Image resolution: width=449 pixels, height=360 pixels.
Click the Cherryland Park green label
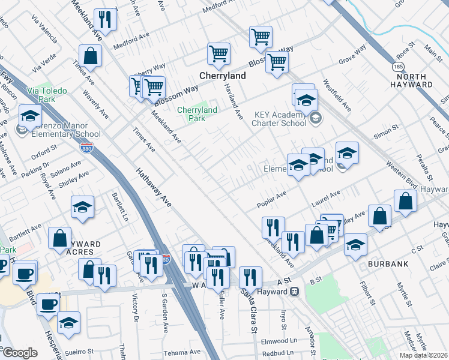[x=197, y=114]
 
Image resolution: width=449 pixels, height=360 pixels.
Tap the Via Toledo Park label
[x=46, y=95]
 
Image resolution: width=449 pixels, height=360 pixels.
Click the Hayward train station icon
[x=295, y=292]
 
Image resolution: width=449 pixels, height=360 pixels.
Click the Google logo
[x=19, y=353]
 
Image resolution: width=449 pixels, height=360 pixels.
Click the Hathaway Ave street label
[x=153, y=188]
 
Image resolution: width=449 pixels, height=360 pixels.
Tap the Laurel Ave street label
[x=326, y=199]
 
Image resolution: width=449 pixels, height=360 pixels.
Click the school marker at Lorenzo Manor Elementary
[x=29, y=115]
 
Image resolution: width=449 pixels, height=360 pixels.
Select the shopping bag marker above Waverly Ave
[x=90, y=56]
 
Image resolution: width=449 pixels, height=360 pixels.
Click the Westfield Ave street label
[x=337, y=95]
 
